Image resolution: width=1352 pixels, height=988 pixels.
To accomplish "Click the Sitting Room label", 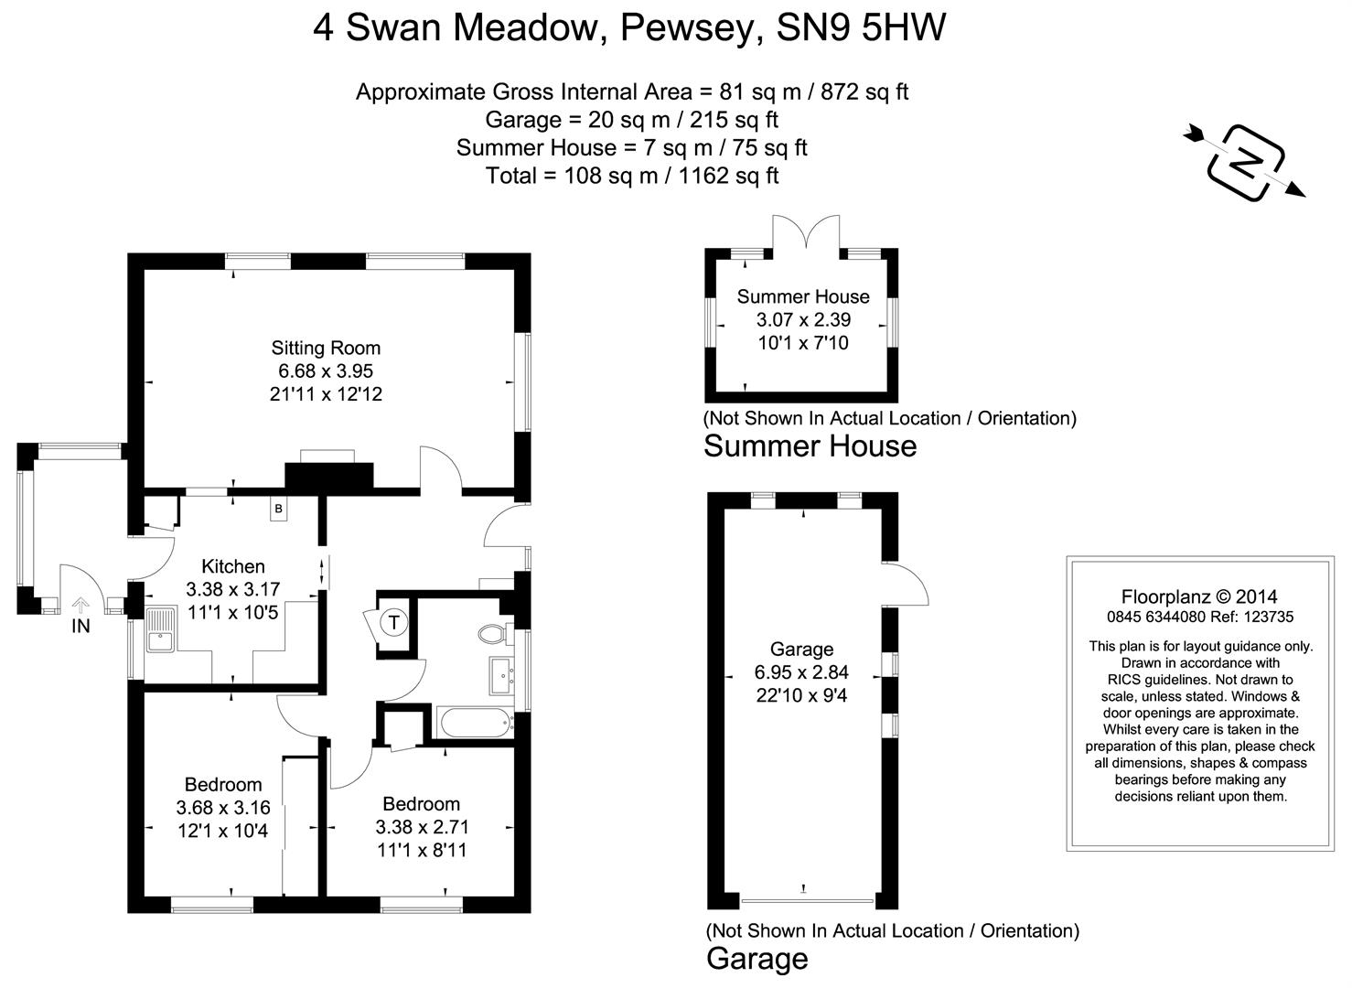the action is point(326,348).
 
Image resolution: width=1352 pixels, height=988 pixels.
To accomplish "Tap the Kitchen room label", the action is point(233,566).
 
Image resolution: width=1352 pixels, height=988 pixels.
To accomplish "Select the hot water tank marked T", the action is point(393,623).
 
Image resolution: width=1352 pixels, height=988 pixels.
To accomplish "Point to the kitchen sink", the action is point(160,629).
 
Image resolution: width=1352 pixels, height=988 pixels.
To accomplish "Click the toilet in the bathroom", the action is point(492,633).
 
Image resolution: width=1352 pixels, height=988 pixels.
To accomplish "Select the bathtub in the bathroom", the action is point(474,723).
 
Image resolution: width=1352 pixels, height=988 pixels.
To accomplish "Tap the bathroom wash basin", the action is point(501,676).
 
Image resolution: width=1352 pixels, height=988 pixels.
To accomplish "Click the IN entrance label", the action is point(81,626).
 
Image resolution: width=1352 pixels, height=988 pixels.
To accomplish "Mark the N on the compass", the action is point(1245,162).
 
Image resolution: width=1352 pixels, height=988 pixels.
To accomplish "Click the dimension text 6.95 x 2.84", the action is point(801,672).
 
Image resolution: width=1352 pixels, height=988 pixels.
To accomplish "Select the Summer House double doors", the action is point(806,231).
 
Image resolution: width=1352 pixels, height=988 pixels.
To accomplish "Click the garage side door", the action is point(906,584).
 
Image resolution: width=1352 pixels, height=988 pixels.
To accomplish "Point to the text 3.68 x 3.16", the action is point(223,808).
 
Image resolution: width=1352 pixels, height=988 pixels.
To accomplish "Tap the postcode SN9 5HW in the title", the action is point(861,28).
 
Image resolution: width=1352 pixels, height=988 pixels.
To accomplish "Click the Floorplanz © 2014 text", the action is point(1199,598).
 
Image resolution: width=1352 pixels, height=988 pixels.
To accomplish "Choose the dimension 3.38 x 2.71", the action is point(422,827).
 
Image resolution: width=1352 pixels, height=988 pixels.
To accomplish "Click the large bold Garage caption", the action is point(757,959).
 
